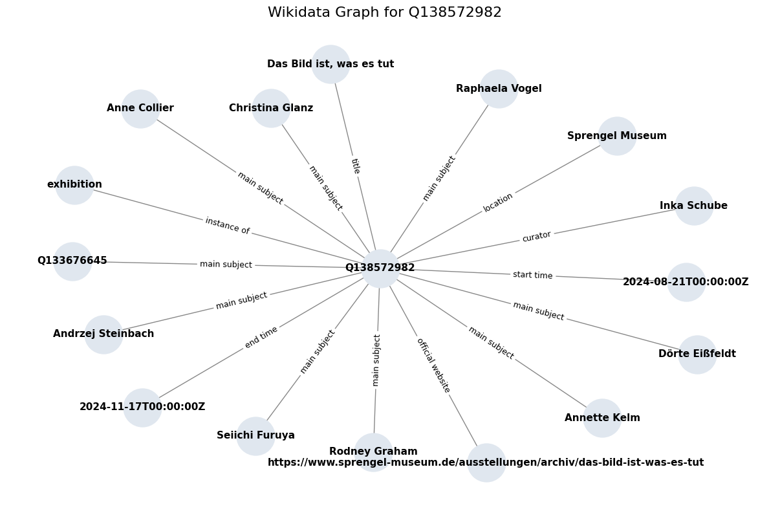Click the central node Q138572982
click(380, 268)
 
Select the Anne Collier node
click(141, 109)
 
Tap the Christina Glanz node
click(271, 109)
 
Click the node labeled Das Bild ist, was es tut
click(330, 64)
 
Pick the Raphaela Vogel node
click(499, 89)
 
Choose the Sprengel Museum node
click(617, 136)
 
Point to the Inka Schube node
click(693, 206)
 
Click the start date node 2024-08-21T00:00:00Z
click(686, 282)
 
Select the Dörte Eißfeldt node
click(697, 354)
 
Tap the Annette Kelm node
click(602, 418)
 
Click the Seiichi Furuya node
click(255, 436)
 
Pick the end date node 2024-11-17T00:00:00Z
click(142, 408)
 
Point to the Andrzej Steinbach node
click(103, 334)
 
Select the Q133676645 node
click(72, 261)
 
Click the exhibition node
click(74, 185)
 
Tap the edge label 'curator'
click(537, 236)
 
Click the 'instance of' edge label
click(228, 225)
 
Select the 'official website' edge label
click(433, 365)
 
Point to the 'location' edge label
click(498, 202)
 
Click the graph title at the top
click(384, 12)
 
